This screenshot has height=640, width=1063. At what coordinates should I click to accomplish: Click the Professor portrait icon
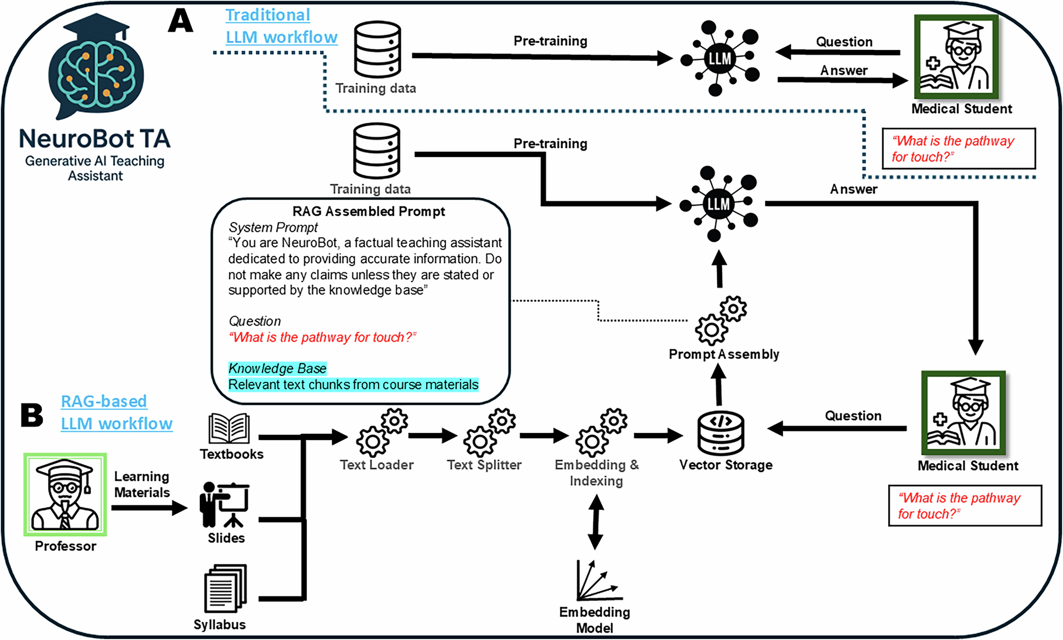(65, 494)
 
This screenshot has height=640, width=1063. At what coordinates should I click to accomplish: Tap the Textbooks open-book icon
(229, 429)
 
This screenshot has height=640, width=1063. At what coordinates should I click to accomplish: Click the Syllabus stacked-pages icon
(225, 588)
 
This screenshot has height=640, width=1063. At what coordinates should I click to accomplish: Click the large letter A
(181, 21)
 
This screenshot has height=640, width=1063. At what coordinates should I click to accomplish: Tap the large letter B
(31, 415)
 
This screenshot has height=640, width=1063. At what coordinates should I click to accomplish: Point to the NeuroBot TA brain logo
(96, 67)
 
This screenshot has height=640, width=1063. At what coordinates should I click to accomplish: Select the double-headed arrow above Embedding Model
(596, 522)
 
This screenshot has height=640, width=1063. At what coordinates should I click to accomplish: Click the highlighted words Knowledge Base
(277, 368)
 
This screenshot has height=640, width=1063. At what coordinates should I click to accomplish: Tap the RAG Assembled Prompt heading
(368, 212)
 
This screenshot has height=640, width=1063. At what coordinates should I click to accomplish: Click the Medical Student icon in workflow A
(956, 56)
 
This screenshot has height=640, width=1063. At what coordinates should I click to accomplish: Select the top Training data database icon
(377, 49)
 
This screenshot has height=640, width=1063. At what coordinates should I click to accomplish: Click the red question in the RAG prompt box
(322, 337)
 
